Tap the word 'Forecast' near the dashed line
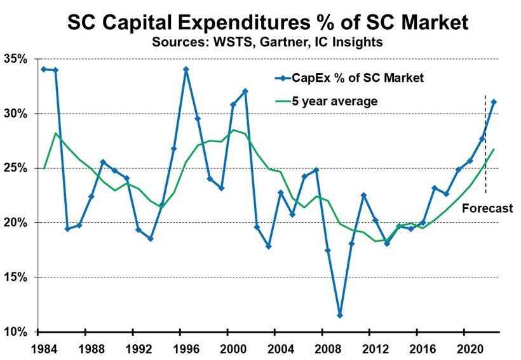tap(487, 208)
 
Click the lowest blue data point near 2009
tap(340, 315)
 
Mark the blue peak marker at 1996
tap(186, 69)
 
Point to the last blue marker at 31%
tap(494, 102)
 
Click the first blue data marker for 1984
tap(43, 69)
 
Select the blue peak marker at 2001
tap(245, 91)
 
